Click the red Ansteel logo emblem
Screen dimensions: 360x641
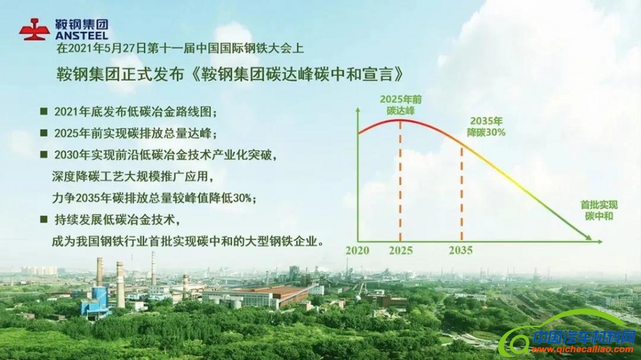(34, 29)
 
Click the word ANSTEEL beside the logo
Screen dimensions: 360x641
(81, 36)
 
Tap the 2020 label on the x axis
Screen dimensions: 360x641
(358, 250)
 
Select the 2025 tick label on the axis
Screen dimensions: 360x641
(401, 250)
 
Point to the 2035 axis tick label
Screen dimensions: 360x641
(460, 250)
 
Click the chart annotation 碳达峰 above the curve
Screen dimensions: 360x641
(401, 110)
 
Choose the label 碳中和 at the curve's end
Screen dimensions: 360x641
(599, 217)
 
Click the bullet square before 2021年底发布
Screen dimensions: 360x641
(44, 111)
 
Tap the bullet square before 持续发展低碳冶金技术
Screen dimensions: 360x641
(44, 219)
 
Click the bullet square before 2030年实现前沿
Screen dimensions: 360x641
(44, 154)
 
